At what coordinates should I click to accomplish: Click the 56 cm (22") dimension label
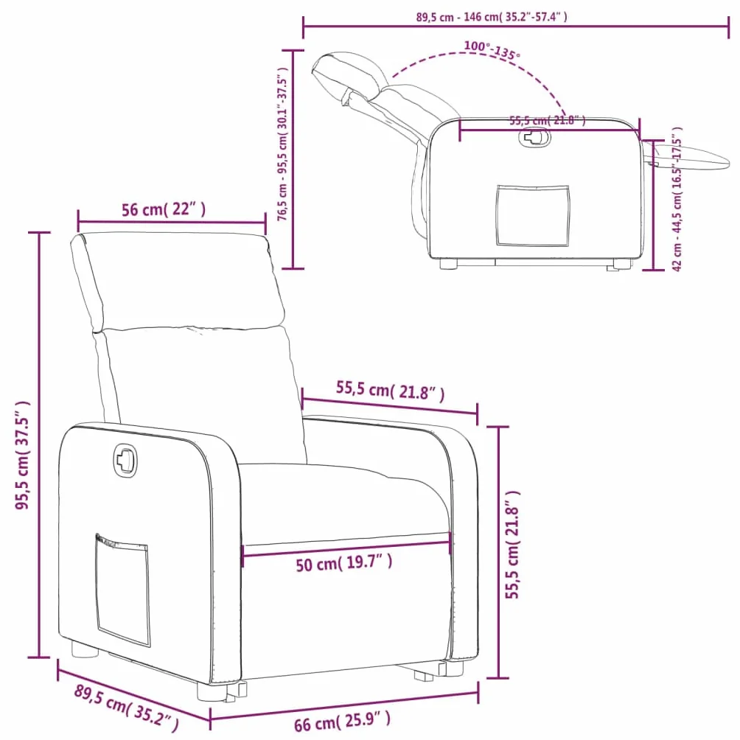164,209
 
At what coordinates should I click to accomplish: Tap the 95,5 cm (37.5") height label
23,455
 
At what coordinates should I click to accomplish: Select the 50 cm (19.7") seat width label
344,562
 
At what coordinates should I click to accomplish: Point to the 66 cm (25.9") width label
342,721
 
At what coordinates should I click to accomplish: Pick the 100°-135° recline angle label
492,50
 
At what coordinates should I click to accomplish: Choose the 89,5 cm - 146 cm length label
492,17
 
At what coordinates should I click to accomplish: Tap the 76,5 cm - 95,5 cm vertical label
282,144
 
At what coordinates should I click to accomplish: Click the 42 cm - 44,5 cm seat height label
677,199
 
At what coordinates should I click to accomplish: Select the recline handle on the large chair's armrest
125,458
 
